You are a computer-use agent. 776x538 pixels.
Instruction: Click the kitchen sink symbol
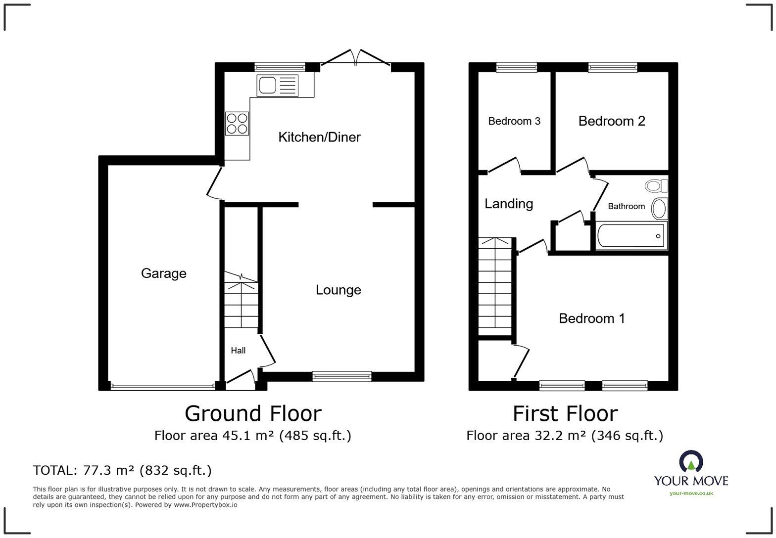click(278, 85)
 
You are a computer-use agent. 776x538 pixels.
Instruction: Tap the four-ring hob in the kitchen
click(237, 124)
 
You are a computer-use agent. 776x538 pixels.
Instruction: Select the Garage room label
click(163, 273)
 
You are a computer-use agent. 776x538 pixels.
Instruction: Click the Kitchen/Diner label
click(319, 137)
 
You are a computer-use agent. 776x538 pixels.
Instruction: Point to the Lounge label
click(338, 290)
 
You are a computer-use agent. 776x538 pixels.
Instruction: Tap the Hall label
click(238, 351)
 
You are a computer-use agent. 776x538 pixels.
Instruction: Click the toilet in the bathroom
click(656, 186)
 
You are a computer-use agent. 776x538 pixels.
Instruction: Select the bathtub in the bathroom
click(630, 236)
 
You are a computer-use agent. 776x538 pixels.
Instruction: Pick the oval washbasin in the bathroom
click(659, 209)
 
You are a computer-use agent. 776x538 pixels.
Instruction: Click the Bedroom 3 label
click(514, 121)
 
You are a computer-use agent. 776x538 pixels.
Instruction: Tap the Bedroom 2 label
click(611, 121)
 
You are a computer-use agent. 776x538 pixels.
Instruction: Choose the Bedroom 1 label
click(591, 318)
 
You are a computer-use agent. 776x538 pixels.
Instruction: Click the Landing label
click(508, 204)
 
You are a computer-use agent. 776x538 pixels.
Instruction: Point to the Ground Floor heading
click(253, 413)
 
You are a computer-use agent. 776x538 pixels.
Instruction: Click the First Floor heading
click(565, 413)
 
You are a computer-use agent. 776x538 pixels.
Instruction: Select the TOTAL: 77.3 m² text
click(122, 470)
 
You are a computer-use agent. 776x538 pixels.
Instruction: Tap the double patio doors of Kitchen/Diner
click(355, 59)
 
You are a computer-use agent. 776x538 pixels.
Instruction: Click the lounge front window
click(341, 376)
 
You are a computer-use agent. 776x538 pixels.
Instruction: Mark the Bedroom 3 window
click(516, 67)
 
